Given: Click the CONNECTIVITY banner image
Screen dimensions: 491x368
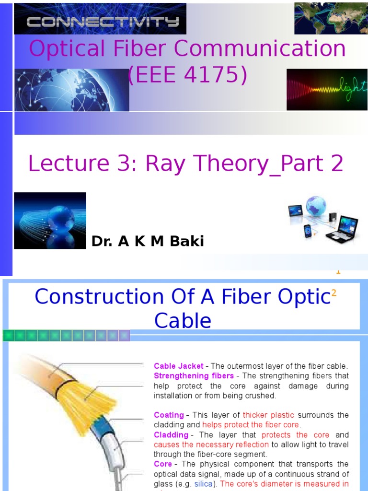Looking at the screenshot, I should pos(100,19).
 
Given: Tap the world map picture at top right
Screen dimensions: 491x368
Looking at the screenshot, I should pos(331,18).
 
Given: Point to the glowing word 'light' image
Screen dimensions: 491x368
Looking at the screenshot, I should pos(327,90).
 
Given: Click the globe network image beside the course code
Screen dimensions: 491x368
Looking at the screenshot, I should pos(72,90).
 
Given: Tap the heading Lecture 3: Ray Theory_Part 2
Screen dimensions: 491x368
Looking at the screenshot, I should pos(186,164).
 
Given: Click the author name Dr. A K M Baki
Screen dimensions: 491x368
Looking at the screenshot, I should pos(148,242).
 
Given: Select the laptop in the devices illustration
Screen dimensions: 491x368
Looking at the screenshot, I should pos(342,229).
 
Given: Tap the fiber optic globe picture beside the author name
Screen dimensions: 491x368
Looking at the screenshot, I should pos(50,221).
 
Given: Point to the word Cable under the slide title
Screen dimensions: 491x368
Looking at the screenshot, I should pos(183,320).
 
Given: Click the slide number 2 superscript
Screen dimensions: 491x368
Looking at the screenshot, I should pos(334,293).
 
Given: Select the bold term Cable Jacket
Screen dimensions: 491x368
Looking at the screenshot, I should pos(178,366).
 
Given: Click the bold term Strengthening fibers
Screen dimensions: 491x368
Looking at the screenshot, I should pos(194,376).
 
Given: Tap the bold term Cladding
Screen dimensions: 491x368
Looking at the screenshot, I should pos(171,435).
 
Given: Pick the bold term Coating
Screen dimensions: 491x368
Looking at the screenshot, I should pos(169,415).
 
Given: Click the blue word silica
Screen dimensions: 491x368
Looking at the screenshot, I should pos(203,484).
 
